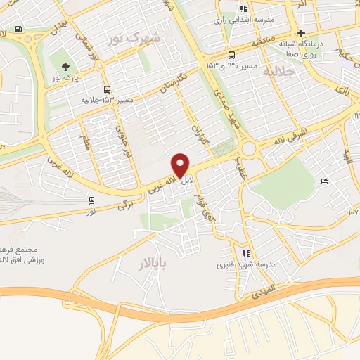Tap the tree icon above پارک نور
(x=65, y=67)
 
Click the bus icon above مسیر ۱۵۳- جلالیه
(x=107, y=89)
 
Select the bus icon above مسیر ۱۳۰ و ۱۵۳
(x=231, y=55)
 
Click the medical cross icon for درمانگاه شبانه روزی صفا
(x=301, y=33)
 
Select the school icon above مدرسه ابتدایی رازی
(x=243, y=8)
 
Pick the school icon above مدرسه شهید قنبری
(x=246, y=253)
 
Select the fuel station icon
(x=18, y=30)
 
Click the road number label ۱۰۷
(x=354, y=211)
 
